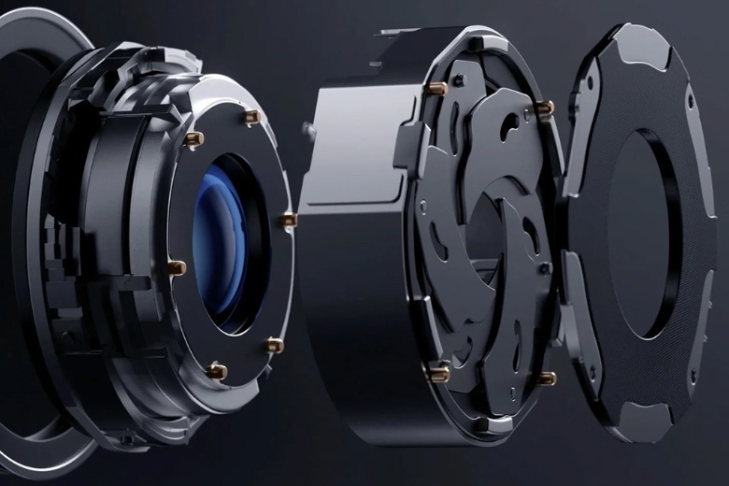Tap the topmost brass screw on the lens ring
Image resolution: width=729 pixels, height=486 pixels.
(250, 116)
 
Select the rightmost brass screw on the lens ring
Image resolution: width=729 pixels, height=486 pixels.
(289, 221)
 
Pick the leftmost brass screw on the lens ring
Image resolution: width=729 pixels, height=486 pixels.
(177, 268)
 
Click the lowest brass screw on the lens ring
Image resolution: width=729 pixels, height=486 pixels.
(217, 371)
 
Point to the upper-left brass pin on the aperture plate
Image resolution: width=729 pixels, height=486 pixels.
(436, 89)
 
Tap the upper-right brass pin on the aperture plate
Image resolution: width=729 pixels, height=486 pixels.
(546, 108)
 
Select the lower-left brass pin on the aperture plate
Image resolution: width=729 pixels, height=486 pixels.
(437, 372)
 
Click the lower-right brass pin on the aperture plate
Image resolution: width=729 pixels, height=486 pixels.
(548, 378)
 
